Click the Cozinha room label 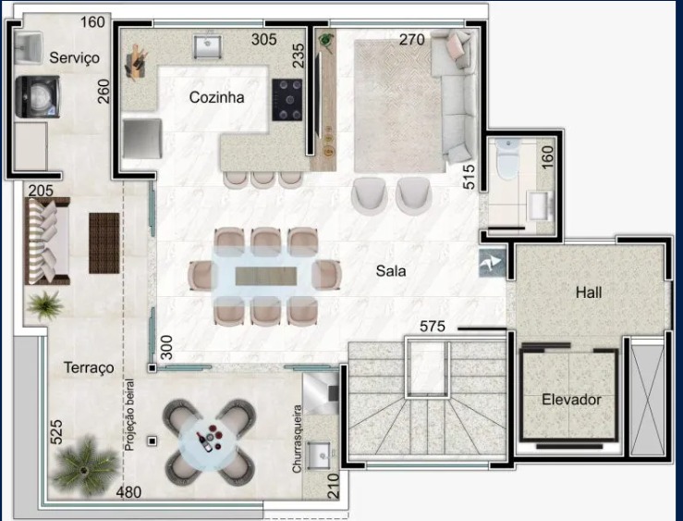[216, 97]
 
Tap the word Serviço [74, 58]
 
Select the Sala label [391, 271]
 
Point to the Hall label [589, 292]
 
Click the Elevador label [571, 400]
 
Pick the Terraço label [89, 367]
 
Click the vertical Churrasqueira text [297, 439]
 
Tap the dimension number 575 [433, 326]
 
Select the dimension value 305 [264, 39]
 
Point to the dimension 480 [128, 492]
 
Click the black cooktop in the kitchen [287, 100]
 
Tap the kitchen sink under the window [208, 46]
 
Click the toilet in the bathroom [508, 158]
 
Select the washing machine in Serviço [38, 96]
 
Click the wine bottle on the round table [204, 441]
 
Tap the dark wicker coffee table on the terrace [104, 243]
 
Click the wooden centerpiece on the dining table [265, 277]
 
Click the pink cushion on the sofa [454, 44]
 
